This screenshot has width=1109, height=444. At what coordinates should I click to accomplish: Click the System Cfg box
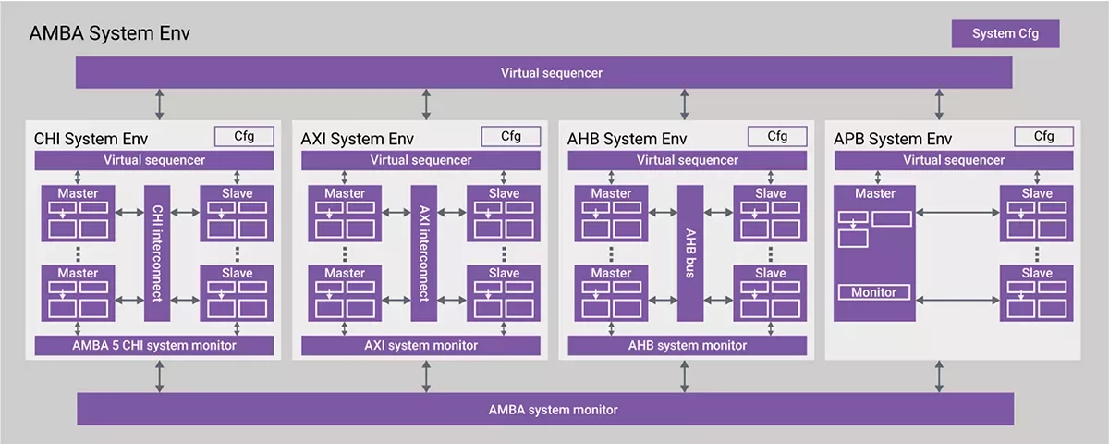tap(1005, 34)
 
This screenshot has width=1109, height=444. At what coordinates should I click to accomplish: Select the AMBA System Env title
tap(110, 34)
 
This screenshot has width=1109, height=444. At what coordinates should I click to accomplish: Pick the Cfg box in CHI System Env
tap(244, 136)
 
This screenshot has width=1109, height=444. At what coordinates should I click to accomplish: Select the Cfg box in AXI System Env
tap(510, 136)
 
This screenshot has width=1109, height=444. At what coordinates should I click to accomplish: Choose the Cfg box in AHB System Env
tap(777, 136)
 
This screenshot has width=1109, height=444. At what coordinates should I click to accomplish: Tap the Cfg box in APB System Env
tap(1043, 136)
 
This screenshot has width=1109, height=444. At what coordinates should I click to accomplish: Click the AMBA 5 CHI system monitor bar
tap(154, 346)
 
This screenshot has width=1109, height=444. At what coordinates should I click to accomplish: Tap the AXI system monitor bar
tap(420, 346)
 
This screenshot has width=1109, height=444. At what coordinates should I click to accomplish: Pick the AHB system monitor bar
tap(687, 346)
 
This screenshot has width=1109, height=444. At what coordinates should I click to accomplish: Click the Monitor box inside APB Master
tap(873, 292)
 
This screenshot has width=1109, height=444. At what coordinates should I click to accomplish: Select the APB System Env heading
tap(893, 140)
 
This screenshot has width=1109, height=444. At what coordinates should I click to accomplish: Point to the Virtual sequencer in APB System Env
tap(954, 160)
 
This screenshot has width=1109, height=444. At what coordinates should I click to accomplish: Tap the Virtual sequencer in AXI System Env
tap(420, 160)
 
